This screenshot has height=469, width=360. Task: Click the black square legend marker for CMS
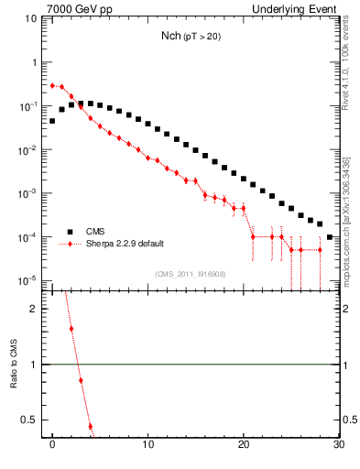[67, 232]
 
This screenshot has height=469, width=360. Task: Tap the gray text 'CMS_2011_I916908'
[191, 273]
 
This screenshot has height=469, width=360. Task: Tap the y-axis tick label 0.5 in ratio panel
[30, 420]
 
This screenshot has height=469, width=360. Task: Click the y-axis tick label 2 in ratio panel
[35, 309]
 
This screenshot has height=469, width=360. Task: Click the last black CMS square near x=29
[329, 237]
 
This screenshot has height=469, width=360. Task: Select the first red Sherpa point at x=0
[52, 85]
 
